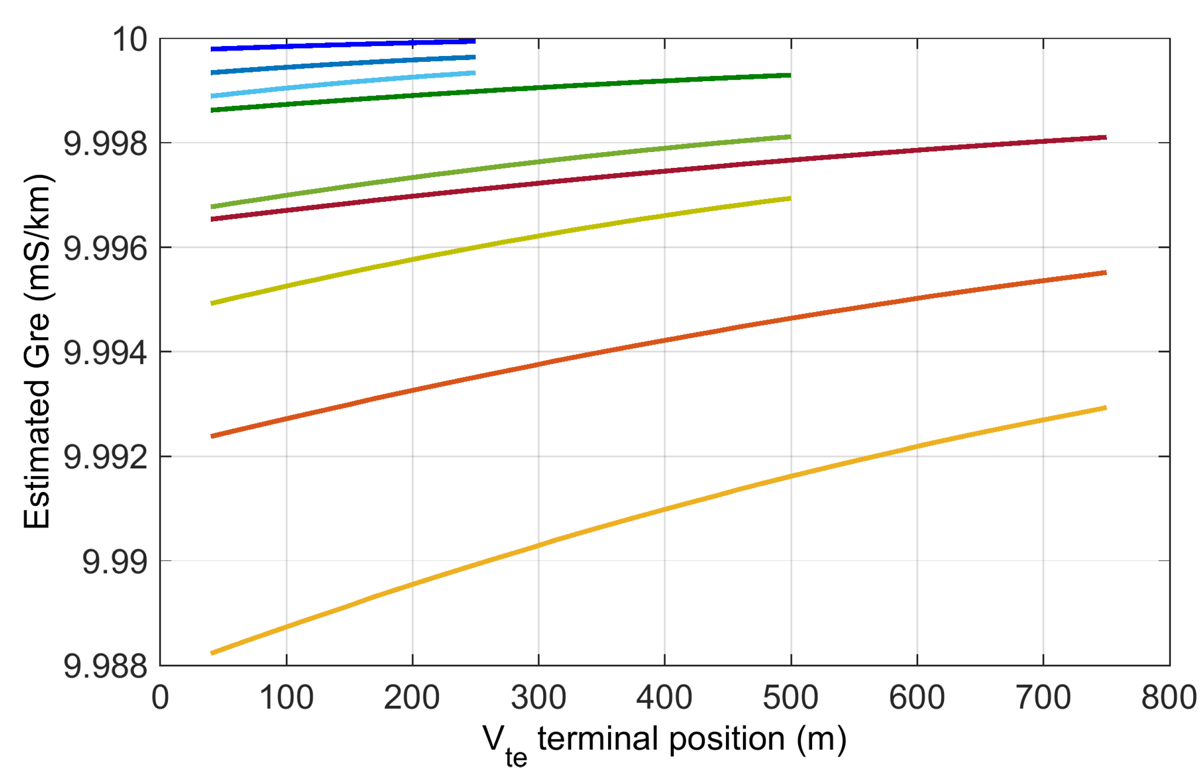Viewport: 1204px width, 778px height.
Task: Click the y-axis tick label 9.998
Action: (x=105, y=144)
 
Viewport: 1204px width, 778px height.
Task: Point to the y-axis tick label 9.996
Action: (x=105, y=249)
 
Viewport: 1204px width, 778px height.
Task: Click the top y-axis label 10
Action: (x=130, y=39)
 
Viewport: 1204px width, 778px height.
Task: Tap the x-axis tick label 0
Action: (x=160, y=698)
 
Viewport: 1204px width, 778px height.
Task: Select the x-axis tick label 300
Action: (x=538, y=698)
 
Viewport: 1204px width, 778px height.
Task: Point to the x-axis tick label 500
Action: (x=790, y=698)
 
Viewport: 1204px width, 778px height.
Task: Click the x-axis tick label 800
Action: (x=1169, y=698)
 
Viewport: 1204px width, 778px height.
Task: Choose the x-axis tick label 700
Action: (x=1043, y=698)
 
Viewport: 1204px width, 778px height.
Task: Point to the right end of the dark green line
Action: (x=790, y=75)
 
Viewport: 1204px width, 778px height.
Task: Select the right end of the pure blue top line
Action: (x=474, y=41)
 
